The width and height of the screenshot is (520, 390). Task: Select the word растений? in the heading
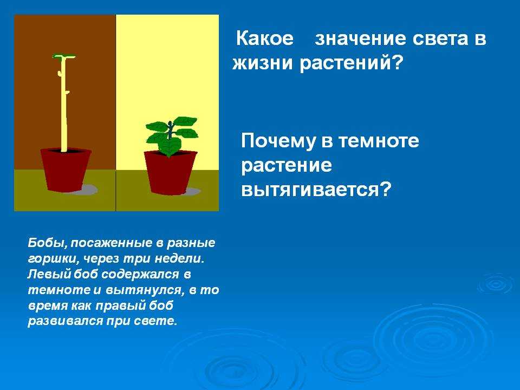[351, 63]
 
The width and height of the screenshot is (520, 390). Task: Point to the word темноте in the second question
[379, 141]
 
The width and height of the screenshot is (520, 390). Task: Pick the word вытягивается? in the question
[316, 190]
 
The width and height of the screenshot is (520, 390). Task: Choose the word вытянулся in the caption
[144, 290]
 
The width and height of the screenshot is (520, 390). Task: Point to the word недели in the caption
[179, 259]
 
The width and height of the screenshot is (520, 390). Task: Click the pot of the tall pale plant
[66, 170]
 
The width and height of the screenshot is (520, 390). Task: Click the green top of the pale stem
[64, 57]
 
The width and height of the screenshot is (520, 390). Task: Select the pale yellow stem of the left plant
[64, 103]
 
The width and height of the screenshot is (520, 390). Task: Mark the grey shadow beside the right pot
[192, 191]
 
